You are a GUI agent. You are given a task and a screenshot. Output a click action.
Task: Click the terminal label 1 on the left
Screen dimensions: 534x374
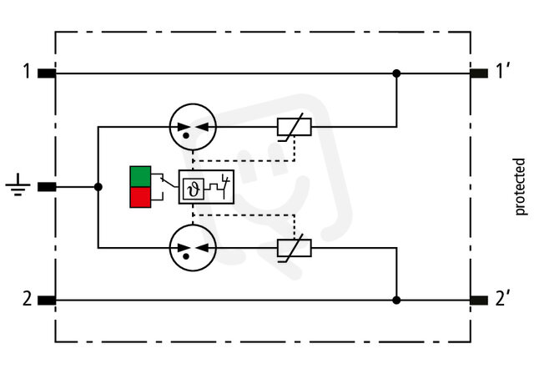coord(27,72)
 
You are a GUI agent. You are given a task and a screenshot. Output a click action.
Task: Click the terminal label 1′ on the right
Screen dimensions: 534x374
coord(502,71)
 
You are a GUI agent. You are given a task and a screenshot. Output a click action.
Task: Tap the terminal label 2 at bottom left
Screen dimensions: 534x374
coord(27,299)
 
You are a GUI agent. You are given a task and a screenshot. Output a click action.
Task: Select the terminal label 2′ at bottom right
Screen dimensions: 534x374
coord(502,299)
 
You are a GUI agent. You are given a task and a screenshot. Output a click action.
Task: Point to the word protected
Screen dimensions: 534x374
coord(520,187)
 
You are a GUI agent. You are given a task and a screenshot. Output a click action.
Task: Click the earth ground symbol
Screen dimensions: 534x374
coord(18,185)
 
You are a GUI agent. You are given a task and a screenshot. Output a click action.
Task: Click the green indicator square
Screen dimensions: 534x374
coord(140,176)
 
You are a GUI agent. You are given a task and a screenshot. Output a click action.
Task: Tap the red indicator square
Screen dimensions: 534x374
coord(140,197)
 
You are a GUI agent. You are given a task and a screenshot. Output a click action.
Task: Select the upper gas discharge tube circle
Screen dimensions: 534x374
coord(193,127)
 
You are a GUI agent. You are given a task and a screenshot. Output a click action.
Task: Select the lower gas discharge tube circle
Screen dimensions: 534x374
coord(193,248)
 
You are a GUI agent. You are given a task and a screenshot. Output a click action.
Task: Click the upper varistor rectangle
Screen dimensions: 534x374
coord(295,127)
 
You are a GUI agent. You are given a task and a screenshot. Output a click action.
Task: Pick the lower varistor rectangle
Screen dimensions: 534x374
coord(295,248)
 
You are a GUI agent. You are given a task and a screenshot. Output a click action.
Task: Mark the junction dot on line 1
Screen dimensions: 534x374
coord(396,73)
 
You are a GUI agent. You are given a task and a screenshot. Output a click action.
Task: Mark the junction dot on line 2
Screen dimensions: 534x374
coord(396,300)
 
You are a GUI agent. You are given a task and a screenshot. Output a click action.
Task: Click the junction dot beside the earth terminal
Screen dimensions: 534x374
coord(98,187)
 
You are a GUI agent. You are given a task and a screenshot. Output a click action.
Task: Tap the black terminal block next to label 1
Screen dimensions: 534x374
coord(47,73)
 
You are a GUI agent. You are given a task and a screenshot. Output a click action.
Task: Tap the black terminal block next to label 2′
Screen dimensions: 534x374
coord(479,301)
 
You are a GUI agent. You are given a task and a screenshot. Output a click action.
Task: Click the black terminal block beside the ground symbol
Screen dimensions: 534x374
coord(47,187)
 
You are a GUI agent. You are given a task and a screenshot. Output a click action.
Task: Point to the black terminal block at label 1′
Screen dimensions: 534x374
coord(479,73)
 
